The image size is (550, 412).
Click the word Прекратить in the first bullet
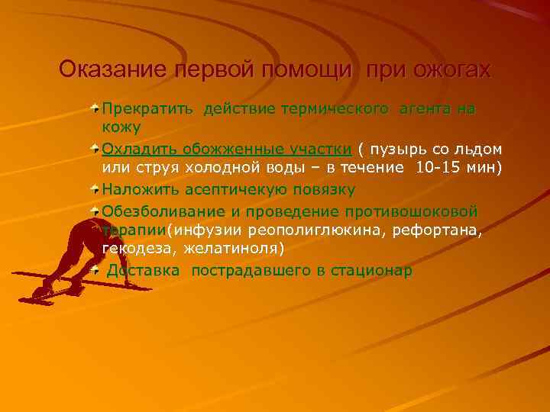149,109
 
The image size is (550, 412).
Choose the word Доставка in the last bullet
144,270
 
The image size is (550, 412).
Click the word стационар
370,270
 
